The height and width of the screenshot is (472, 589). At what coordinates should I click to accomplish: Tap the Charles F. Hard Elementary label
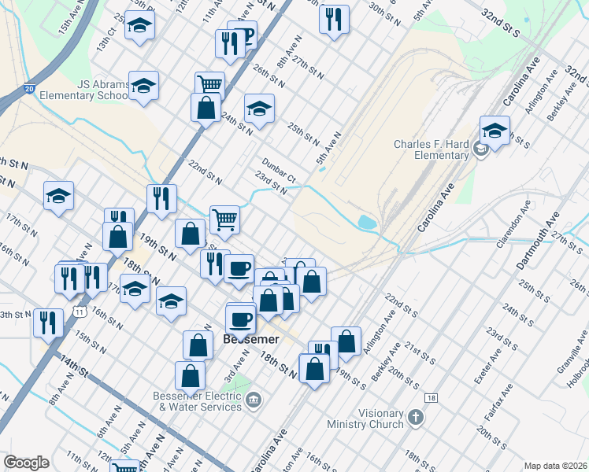pyautogui.click(x=432, y=149)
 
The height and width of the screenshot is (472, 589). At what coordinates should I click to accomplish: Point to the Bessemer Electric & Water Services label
pyautogui.click(x=200, y=401)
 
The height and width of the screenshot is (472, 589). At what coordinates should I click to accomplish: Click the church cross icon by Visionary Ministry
pyautogui.click(x=416, y=422)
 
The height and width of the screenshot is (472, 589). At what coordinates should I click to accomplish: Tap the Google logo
pyautogui.click(x=26, y=463)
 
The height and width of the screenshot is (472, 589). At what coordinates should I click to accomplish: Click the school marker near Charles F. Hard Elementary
pyautogui.click(x=495, y=131)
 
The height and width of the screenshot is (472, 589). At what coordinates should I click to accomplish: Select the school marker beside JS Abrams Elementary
pyautogui.click(x=143, y=87)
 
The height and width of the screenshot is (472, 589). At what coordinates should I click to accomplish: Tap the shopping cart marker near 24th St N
pyautogui.click(x=209, y=83)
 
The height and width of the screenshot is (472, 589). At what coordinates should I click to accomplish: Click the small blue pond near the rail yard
pyautogui.click(x=367, y=223)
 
